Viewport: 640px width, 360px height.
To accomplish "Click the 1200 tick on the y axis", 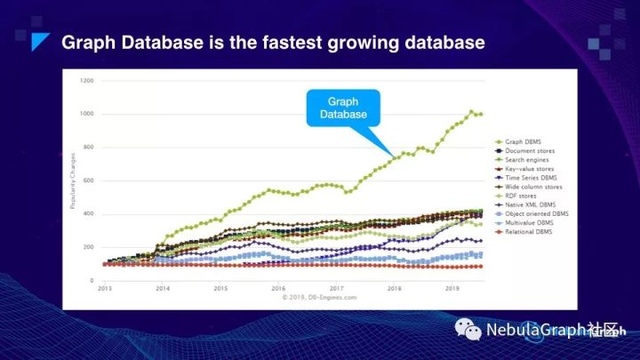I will coord(86,81).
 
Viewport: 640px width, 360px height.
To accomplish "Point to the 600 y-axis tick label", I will coord(87,180).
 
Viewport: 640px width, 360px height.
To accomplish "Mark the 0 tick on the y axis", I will coord(91,281).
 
